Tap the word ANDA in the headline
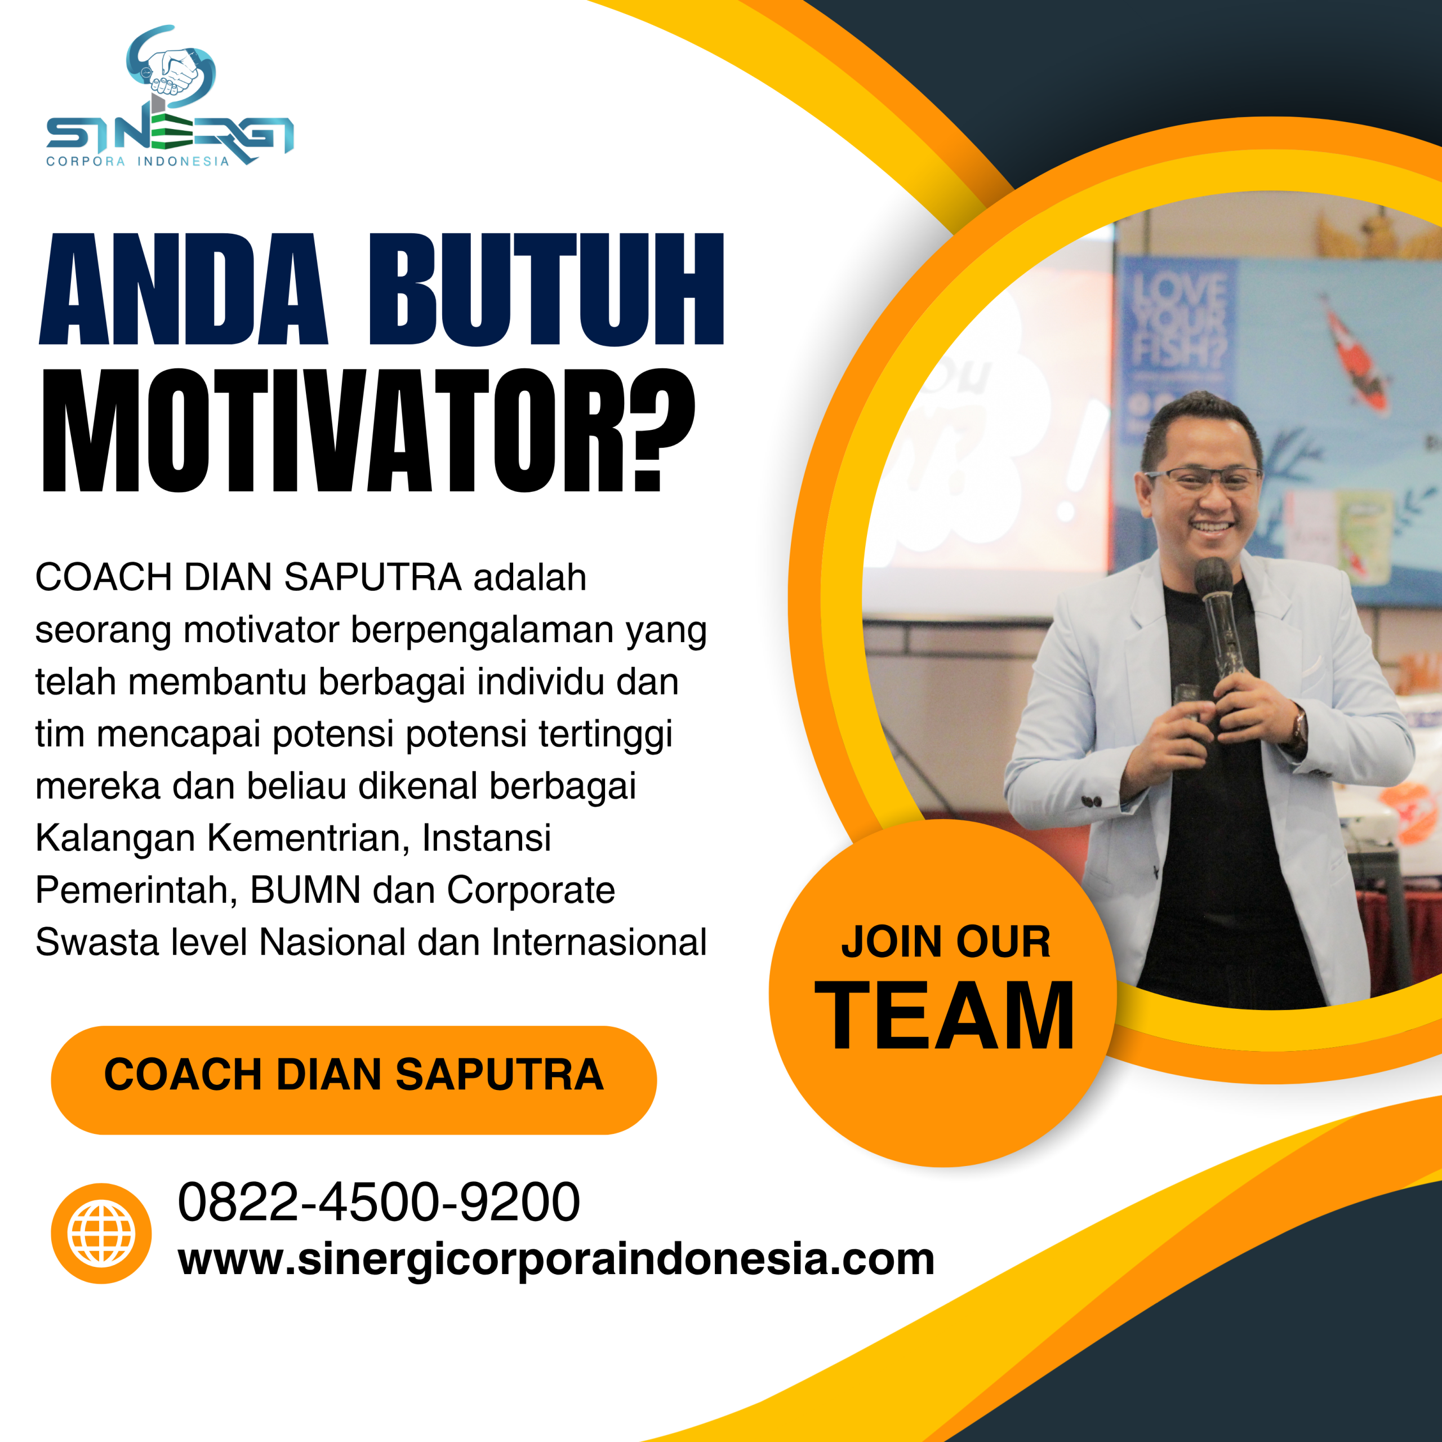[183, 290]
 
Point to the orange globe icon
[101, 1233]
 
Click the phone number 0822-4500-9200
[379, 1201]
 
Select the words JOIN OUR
[945, 942]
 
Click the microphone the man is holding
[1215, 597]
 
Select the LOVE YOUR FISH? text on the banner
[1180, 321]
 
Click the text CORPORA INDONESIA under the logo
[137, 161]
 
